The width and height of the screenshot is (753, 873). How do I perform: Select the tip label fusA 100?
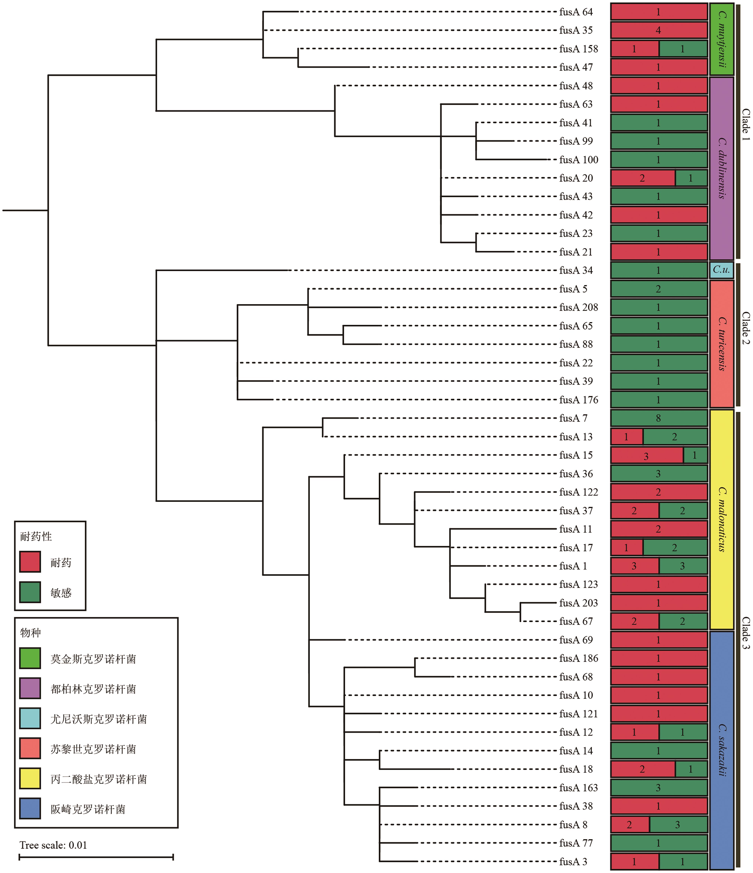point(579,160)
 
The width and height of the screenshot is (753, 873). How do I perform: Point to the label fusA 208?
point(579,308)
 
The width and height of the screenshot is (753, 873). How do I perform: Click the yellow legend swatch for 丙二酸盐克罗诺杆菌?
point(30,779)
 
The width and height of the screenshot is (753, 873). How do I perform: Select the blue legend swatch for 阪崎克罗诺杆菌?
point(30,809)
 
